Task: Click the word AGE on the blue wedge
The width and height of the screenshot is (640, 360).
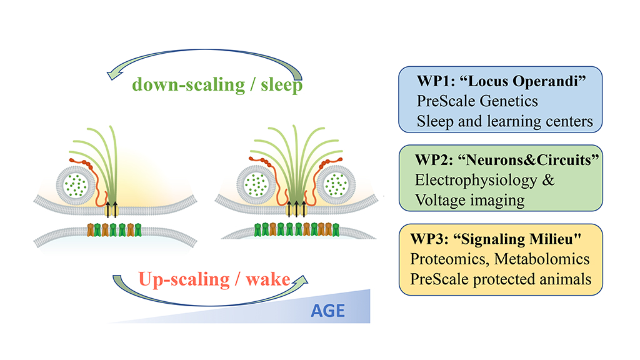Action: pyautogui.click(x=327, y=311)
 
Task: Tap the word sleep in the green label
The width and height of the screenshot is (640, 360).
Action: pyautogui.click(x=282, y=85)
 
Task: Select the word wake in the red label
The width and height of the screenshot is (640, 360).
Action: pyautogui.click(x=267, y=279)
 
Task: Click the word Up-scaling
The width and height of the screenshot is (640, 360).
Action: pyautogui.click(x=184, y=280)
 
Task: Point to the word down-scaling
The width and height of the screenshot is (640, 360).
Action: pyautogui.click(x=189, y=85)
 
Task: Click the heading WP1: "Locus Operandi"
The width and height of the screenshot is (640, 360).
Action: pyautogui.click(x=501, y=81)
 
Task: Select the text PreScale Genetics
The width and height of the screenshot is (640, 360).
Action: pyautogui.click(x=477, y=101)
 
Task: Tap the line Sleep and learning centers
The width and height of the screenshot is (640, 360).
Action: pyautogui.click(x=504, y=121)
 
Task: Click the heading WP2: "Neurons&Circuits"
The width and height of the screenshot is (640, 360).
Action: pyautogui.click(x=506, y=160)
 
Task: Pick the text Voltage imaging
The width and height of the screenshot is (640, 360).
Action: pyautogui.click(x=470, y=201)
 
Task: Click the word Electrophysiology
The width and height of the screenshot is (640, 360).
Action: pyautogui.click(x=476, y=181)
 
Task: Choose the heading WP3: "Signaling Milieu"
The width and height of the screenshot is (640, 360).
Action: pyautogui.click(x=496, y=239)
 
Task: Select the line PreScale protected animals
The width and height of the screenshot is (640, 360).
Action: pyautogui.click(x=501, y=279)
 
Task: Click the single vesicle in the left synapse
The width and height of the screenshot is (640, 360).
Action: pyautogui.click(x=76, y=184)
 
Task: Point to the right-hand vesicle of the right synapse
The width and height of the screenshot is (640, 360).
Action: pyautogui.click(x=336, y=184)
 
